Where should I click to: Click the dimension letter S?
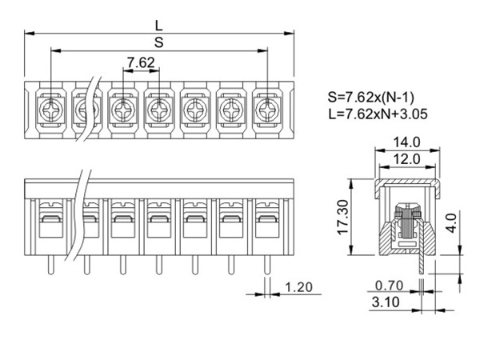tap(159, 42)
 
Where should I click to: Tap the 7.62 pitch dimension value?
tap(141, 62)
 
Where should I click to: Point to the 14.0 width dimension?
tap(406, 142)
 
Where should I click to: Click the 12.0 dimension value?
tap(406, 158)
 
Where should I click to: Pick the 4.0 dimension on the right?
tap(451, 218)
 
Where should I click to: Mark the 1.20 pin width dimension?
tap(298, 286)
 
